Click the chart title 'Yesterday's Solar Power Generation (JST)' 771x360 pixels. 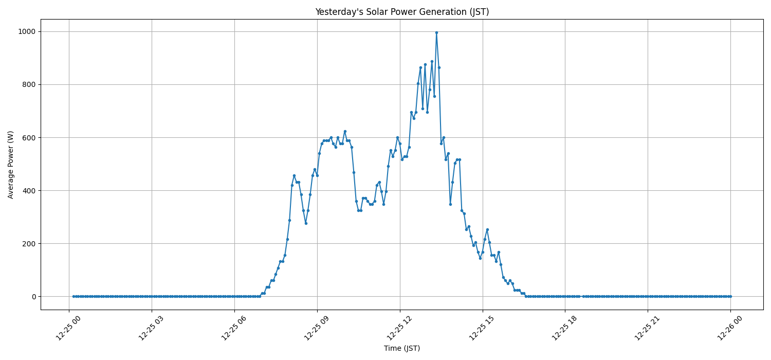pos(402,12)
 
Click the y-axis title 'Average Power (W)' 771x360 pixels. pos(11,165)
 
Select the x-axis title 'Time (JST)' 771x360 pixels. pos(402,348)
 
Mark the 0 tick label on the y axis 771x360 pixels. pos(34,297)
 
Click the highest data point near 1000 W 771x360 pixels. pos(436,33)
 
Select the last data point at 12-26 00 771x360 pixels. pos(730,296)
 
